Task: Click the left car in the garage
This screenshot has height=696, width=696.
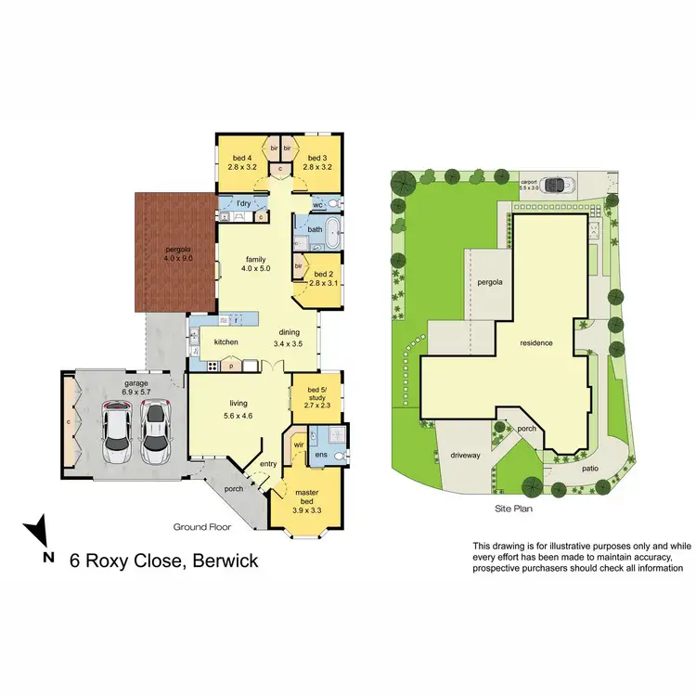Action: (117, 432)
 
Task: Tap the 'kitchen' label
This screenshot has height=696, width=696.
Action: (226, 342)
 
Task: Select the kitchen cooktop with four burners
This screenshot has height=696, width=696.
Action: (212, 365)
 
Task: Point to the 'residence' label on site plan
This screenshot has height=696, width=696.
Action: (536, 343)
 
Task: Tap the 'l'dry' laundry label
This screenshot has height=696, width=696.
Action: (244, 203)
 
